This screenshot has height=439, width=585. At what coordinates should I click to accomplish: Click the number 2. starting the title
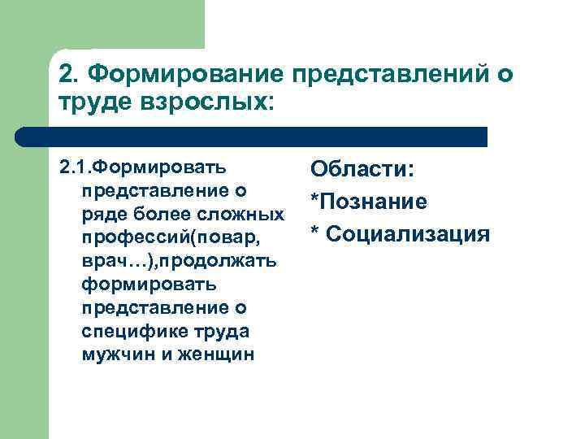(x=68, y=76)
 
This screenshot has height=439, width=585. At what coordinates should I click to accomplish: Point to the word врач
(x=102, y=261)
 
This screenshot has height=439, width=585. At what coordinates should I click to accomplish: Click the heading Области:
(x=362, y=170)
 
